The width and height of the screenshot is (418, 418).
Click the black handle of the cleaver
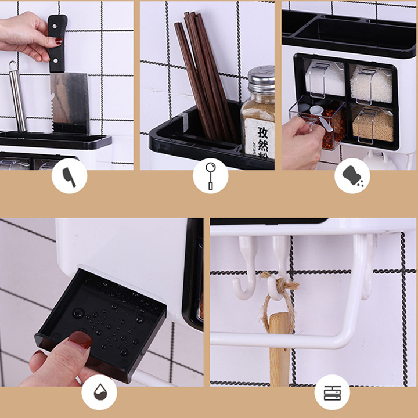click(x=57, y=44)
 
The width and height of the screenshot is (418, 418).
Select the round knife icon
click(x=69, y=176)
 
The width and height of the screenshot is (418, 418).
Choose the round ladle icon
click(x=210, y=176)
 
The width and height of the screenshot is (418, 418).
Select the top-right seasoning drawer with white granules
click(x=372, y=84)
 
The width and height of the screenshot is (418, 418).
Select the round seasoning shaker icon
click(x=352, y=176)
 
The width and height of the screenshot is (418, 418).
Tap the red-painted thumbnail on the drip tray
click(x=80, y=340)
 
